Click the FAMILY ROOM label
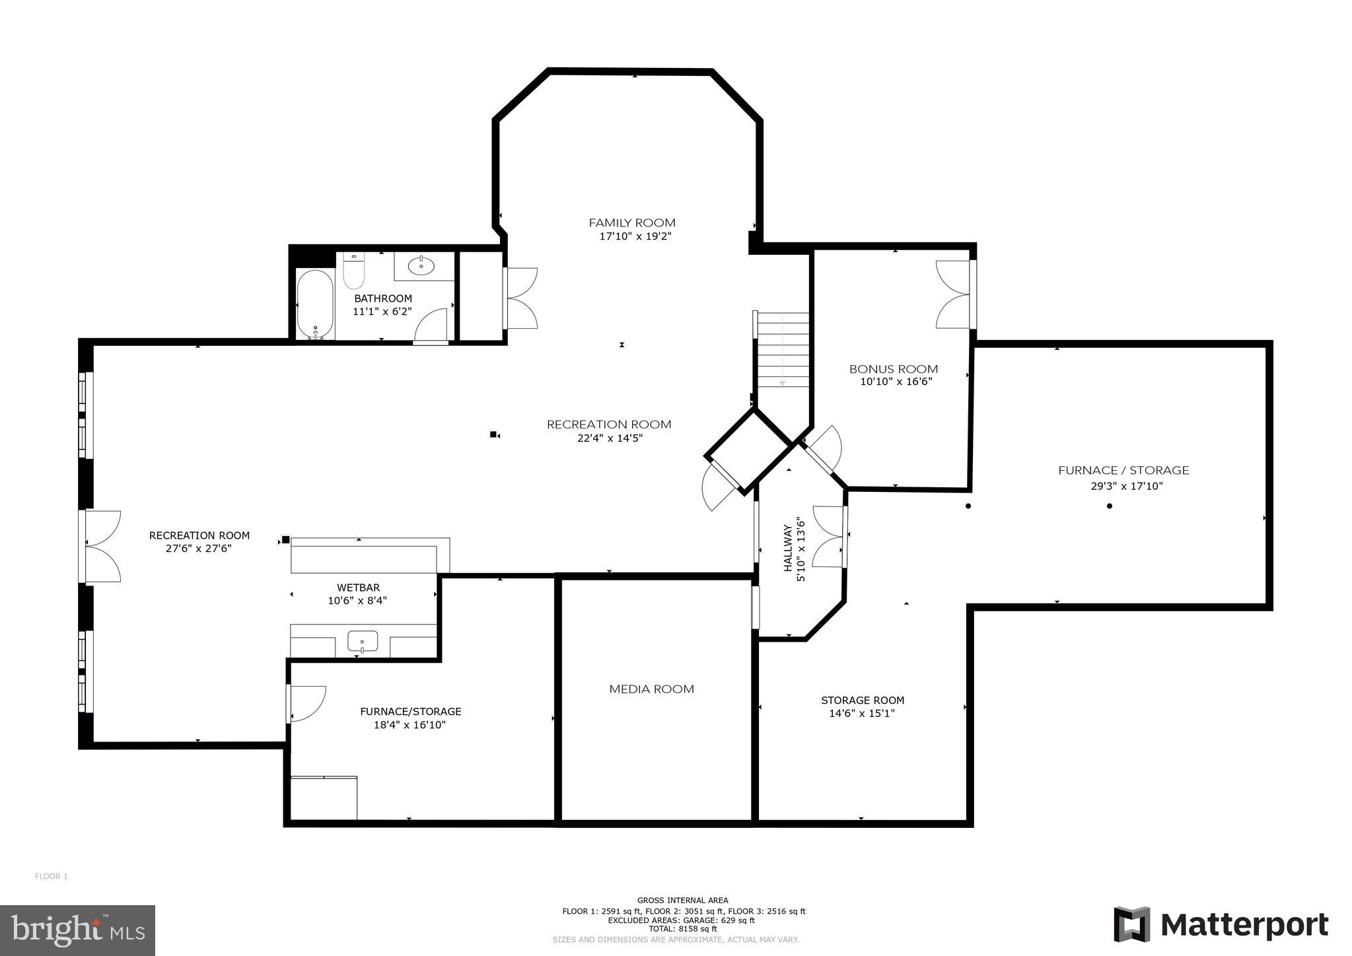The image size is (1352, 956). point(632,223)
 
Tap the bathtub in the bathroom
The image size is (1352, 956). point(315,304)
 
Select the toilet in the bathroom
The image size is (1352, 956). point(354,272)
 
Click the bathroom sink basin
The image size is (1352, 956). point(421,266)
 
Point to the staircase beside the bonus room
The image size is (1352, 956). point(783,350)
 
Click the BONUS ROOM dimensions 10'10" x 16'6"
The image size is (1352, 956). point(896,382)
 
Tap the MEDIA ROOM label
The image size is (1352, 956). point(651,689)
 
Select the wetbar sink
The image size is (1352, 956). point(363,640)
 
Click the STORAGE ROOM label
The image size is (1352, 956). point(863,700)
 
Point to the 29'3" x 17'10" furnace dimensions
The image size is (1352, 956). point(1126,487)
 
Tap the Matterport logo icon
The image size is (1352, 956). point(1131,924)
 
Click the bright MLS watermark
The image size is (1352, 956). point(77,930)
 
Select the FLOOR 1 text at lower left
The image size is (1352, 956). point(52,877)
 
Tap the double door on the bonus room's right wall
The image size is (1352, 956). point(955,294)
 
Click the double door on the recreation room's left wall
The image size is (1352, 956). point(102,546)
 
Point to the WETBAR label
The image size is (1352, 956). point(358,588)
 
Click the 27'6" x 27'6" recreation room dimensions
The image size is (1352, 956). point(199,548)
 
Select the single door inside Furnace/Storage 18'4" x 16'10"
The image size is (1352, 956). point(306,704)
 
